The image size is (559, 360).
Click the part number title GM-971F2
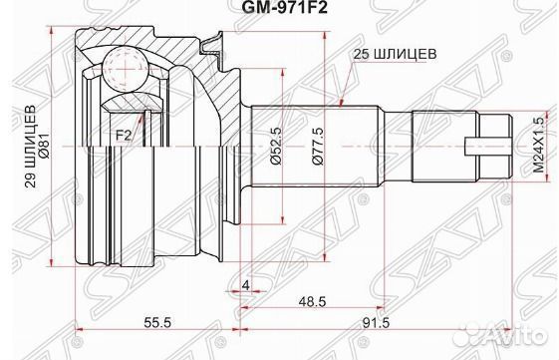click(x=284, y=7)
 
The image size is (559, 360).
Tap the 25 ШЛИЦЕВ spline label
click(x=395, y=54)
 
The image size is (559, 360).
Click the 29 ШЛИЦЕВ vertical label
click(x=30, y=147)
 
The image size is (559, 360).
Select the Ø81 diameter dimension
click(x=47, y=147)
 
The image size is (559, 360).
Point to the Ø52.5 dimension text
click(x=276, y=146)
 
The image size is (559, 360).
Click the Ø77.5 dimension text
click(x=318, y=146)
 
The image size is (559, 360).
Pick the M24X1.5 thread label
click(x=540, y=146)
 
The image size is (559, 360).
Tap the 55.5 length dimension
click(x=157, y=323)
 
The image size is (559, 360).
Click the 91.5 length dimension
click(x=376, y=323)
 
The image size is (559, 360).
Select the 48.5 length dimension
click(x=312, y=301)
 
